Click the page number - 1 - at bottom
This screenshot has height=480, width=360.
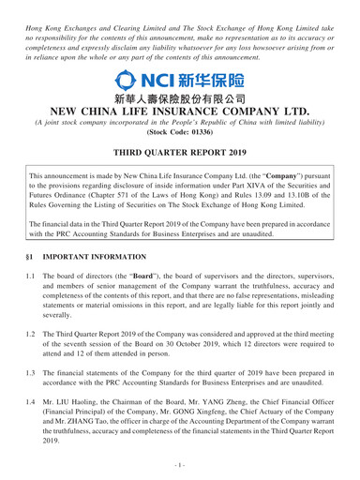[180, 470]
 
